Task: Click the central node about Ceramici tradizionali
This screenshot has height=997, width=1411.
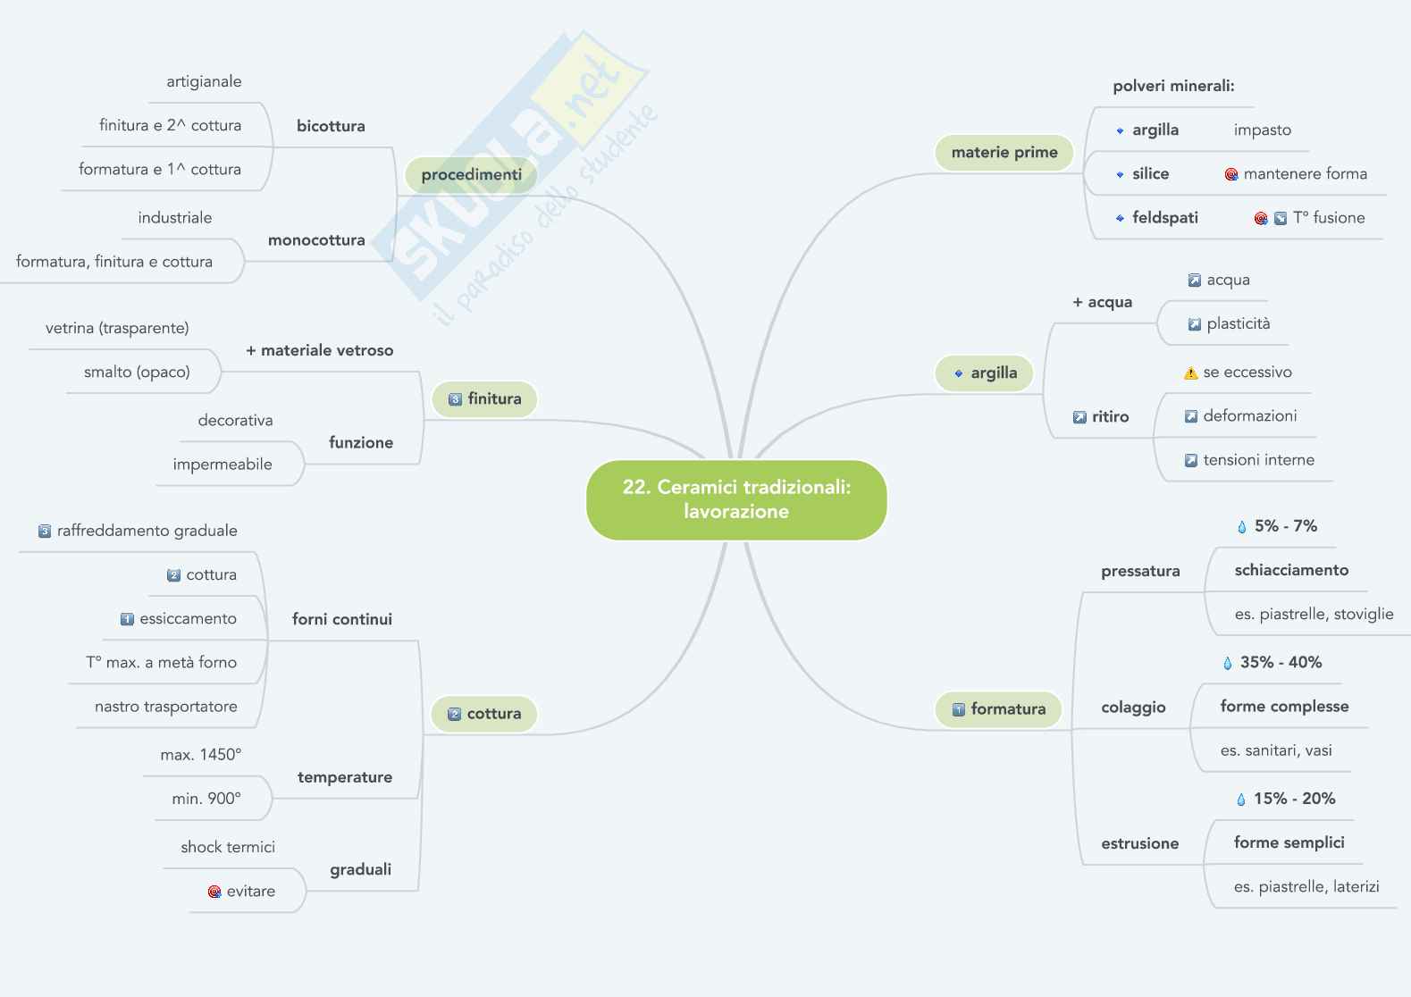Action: pos(736,499)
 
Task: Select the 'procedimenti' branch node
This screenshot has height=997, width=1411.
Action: pos(471,175)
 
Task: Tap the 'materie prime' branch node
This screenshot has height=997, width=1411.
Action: pos(1004,153)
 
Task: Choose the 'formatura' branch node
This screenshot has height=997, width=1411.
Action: pos(998,709)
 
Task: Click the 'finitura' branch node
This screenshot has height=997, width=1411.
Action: pos(484,399)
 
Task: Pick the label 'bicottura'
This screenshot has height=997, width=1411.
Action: pos(331,126)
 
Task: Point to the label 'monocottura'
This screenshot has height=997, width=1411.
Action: pos(316,240)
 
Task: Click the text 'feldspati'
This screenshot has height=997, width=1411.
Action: pos(1164,218)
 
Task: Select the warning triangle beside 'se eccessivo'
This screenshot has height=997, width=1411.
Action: pos(1190,373)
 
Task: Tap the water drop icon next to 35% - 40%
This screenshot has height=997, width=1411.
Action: pos(1227,663)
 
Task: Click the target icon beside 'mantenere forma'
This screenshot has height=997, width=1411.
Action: pos(1230,174)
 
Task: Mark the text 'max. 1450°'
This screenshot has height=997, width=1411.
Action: pos(201,755)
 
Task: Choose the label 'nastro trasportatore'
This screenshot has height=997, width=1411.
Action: pos(166,707)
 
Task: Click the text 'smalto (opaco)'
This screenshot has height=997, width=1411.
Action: pos(137,373)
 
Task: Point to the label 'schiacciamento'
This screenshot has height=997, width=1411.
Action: pos(1291,570)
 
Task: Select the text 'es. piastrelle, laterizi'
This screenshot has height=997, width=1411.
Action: pos(1306,887)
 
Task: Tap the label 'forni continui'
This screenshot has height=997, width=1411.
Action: pos(342,619)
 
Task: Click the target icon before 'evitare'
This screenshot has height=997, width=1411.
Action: pos(214,892)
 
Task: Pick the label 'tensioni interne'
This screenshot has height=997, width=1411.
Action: pos(1258,460)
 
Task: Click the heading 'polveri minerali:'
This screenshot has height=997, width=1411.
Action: pos(1173,87)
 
